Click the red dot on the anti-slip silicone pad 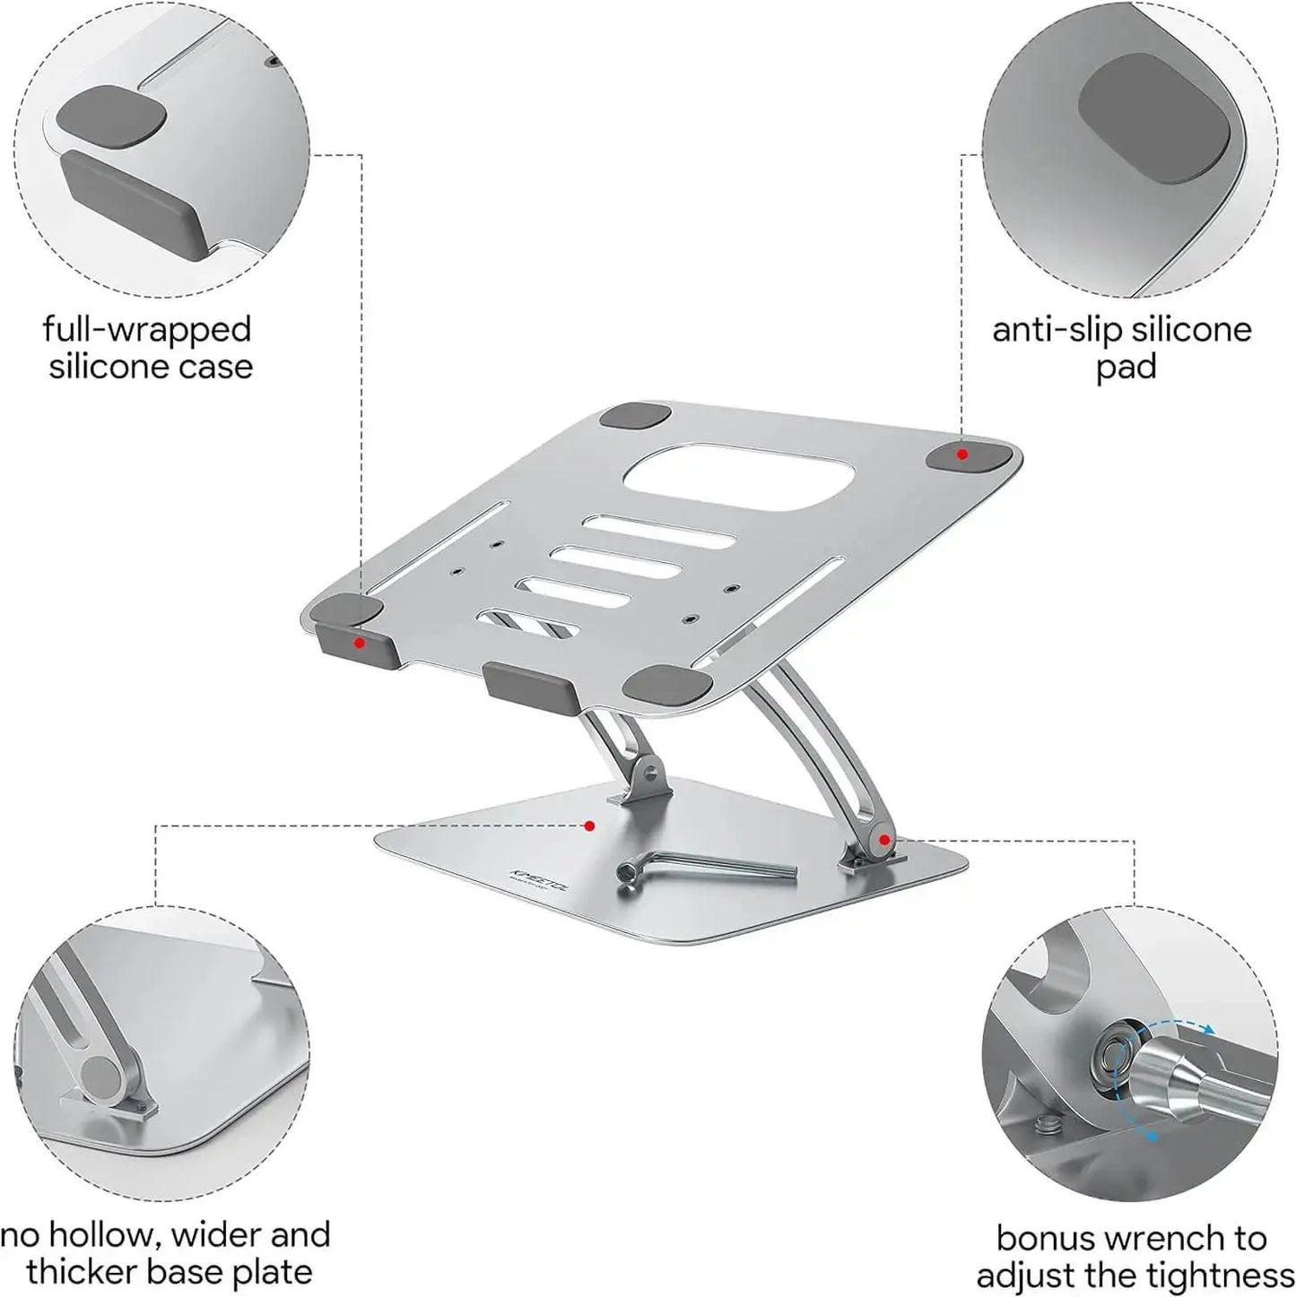tap(962, 454)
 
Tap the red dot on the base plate tap(589, 826)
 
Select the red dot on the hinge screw tap(884, 840)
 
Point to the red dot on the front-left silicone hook tap(359, 643)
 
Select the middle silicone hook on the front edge tap(529, 683)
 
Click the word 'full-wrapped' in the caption tap(147, 329)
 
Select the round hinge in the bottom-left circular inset tap(100, 1073)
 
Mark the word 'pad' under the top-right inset tap(1126, 367)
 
